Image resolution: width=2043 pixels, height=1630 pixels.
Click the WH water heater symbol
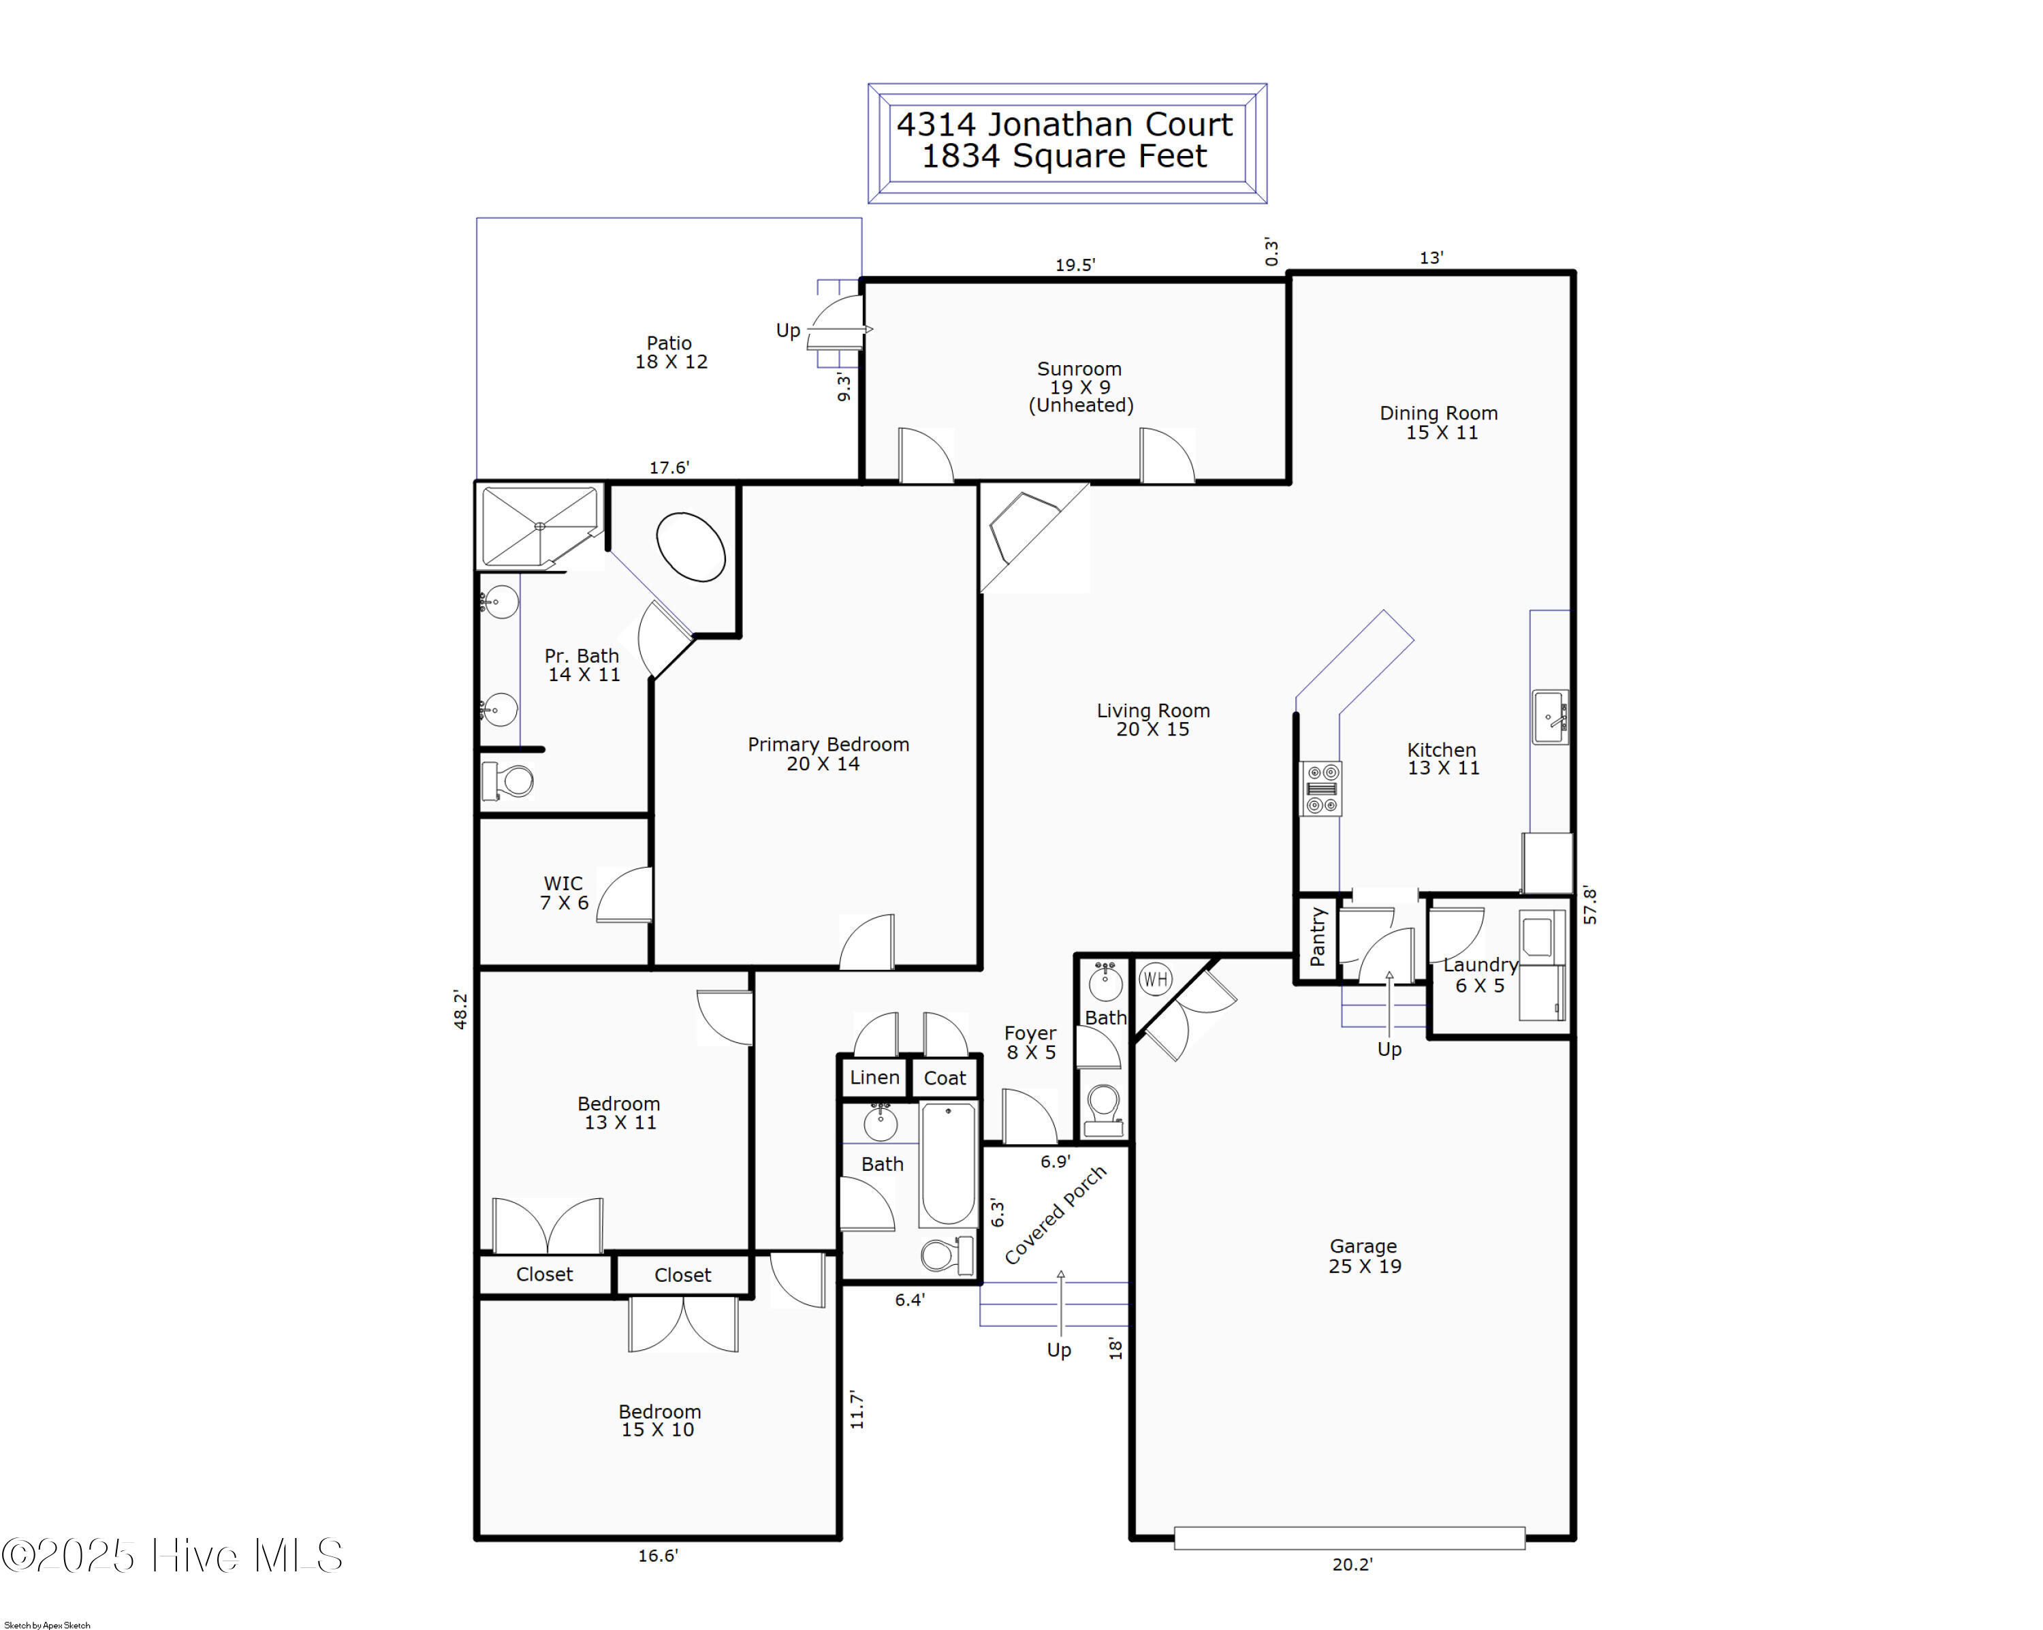1155,979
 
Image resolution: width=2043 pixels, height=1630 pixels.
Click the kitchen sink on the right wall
1550,717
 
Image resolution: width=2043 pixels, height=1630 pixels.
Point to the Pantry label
1317,937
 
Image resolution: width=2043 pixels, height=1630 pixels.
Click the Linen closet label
874,1078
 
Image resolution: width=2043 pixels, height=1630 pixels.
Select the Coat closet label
945,1078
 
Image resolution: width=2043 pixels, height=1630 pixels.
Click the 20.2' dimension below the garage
1352,1565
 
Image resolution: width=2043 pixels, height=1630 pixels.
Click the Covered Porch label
1055,1215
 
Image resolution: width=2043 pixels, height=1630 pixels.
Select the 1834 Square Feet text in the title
1065,157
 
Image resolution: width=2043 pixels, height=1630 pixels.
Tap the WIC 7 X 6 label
564,894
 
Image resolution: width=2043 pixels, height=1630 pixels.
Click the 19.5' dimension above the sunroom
1075,266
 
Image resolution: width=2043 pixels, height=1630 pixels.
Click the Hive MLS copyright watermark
172,1556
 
